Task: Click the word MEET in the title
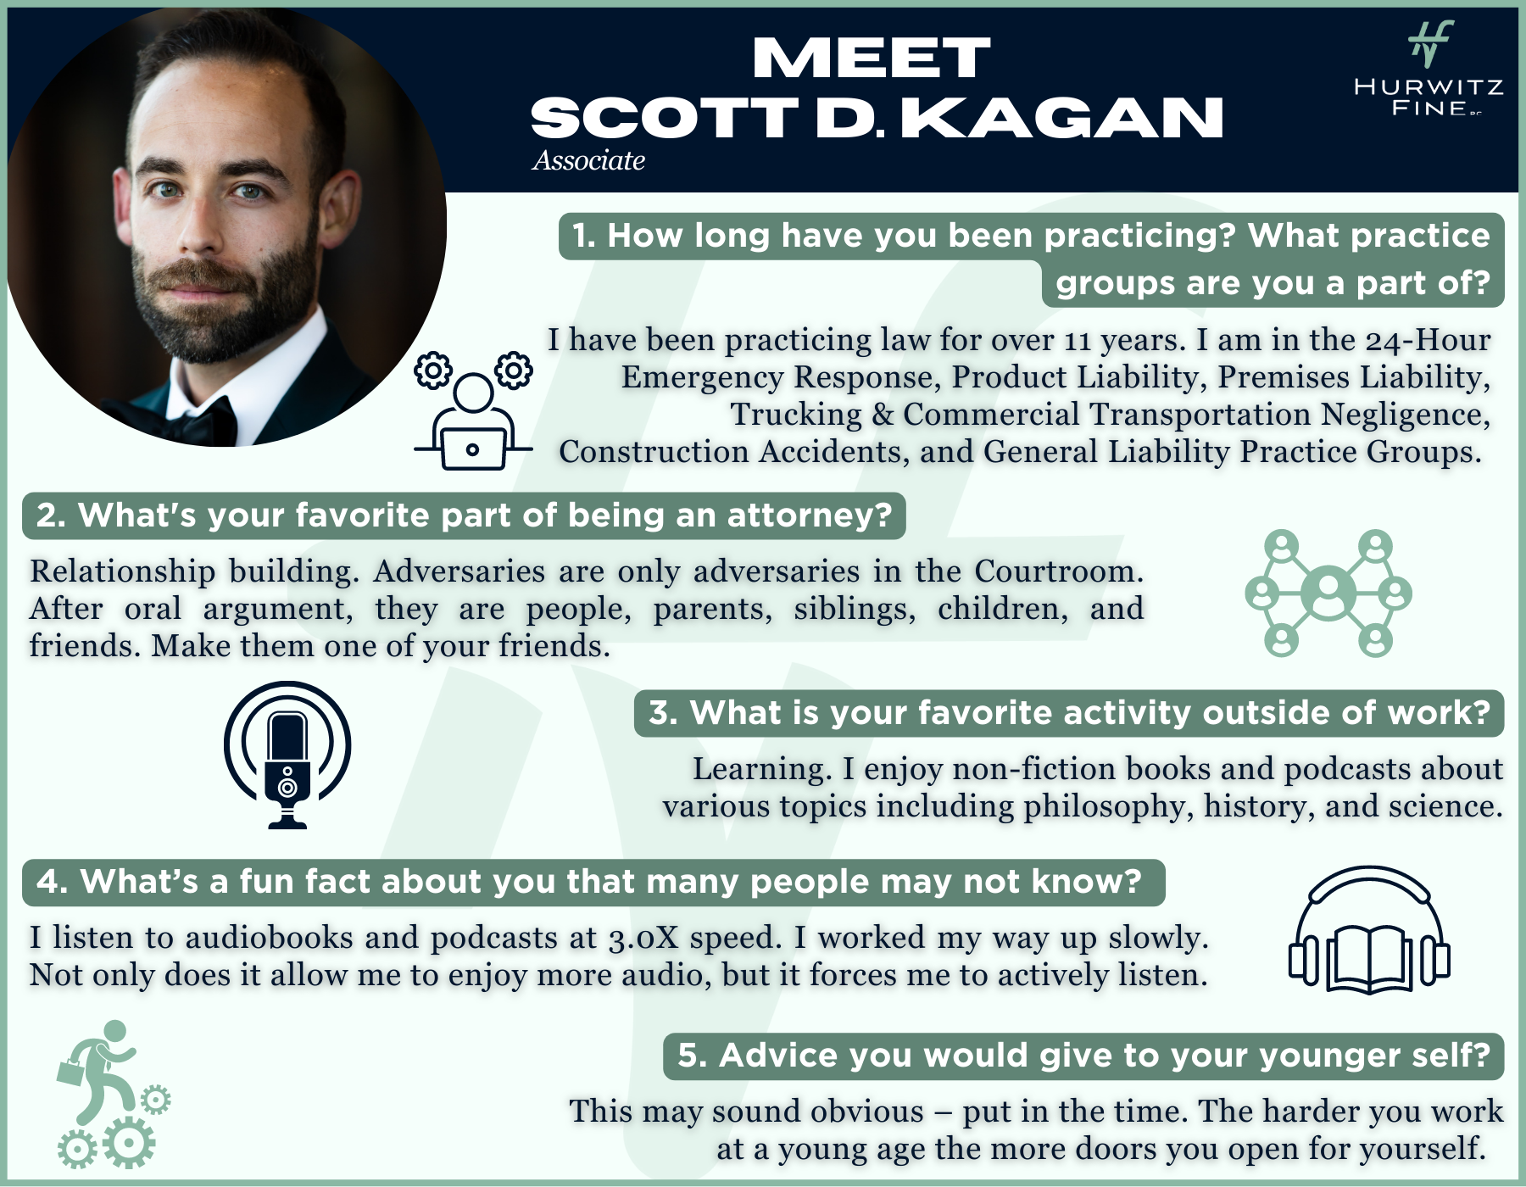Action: tap(871, 58)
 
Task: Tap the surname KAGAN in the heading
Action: tap(1061, 117)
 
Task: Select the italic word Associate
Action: tap(588, 160)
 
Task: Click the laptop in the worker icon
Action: tap(473, 449)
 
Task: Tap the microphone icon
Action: tap(287, 755)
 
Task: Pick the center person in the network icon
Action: tap(1328, 592)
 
